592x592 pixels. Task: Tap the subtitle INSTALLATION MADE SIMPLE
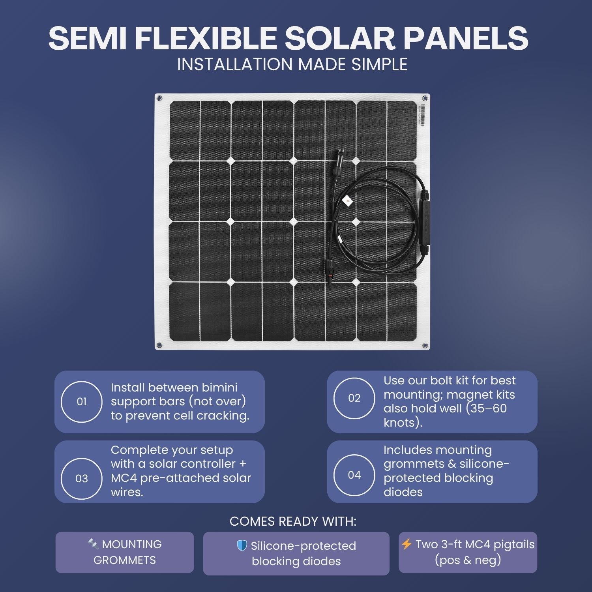(292, 65)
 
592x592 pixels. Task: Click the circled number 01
(82, 402)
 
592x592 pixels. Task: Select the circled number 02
(354, 398)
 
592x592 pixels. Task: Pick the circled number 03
(82, 479)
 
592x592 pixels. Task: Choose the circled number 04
(354, 475)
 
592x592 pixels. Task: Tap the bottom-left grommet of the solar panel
(159, 345)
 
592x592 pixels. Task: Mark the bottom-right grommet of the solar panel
(425, 345)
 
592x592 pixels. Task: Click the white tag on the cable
(347, 200)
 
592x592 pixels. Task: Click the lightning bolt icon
(407, 544)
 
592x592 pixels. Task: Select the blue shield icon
(242, 545)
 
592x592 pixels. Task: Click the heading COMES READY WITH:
(293, 521)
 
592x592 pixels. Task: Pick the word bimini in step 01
(219, 388)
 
